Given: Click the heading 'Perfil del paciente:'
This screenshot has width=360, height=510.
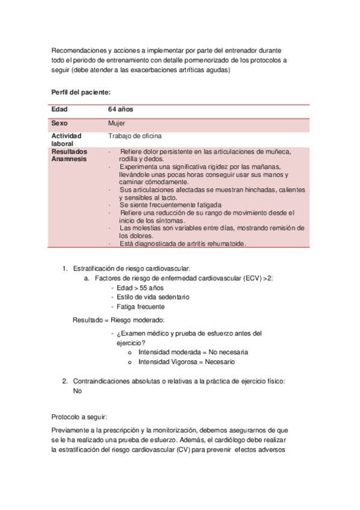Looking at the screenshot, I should [x=81, y=92].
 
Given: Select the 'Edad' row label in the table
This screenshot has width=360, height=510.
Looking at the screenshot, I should [x=59, y=109].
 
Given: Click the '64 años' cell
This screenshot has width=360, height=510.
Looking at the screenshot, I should [x=121, y=109].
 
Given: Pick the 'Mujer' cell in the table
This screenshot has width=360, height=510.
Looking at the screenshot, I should [x=117, y=123].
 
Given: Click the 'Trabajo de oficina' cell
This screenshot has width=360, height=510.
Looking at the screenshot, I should [x=135, y=136].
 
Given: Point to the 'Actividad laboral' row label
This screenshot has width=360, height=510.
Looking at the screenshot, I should [x=66, y=140].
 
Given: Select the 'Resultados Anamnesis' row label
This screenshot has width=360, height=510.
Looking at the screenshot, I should [x=69, y=155].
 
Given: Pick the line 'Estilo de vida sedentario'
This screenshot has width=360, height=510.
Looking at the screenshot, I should [x=153, y=297].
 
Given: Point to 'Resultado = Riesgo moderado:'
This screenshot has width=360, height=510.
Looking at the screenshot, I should [x=118, y=320].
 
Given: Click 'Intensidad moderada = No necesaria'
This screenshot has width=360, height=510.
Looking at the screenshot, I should [x=193, y=352].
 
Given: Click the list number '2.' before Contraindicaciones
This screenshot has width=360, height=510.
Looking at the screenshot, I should [x=66, y=381].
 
